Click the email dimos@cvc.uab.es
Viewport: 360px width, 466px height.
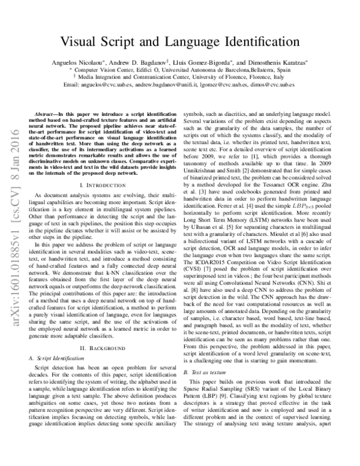coord(275,85)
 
